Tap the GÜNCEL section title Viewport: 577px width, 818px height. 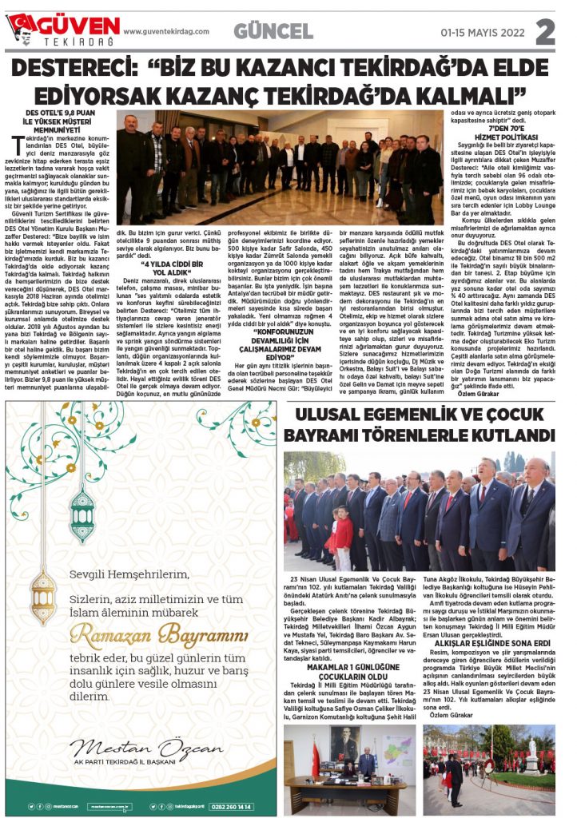pos(273,31)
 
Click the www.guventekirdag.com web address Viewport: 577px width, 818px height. pos(166,32)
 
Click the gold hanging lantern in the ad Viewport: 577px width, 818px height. pos(42,595)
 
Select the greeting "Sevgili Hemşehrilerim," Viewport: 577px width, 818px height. pos(129,575)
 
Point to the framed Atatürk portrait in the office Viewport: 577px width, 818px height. pos(344,745)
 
